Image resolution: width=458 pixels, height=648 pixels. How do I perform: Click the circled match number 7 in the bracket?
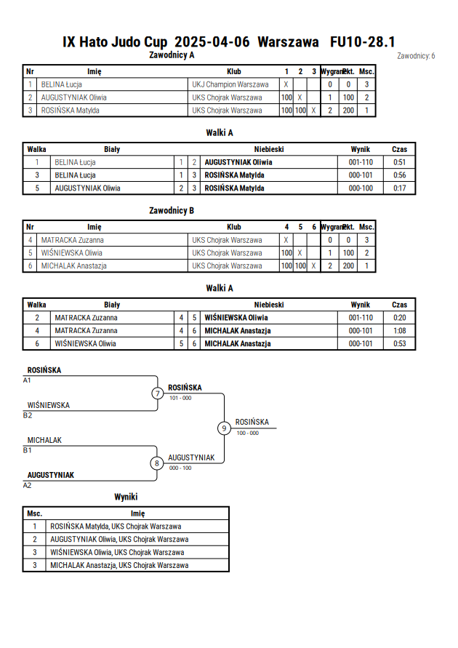[x=157, y=393]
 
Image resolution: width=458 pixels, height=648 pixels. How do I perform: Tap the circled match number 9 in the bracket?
[x=224, y=428]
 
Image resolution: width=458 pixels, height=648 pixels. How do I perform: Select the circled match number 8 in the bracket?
[x=156, y=463]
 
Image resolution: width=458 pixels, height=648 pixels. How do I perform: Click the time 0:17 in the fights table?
[x=399, y=188]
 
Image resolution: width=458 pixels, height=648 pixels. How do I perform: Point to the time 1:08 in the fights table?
[x=399, y=331]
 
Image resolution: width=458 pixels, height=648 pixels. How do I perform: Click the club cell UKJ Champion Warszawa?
[x=230, y=84]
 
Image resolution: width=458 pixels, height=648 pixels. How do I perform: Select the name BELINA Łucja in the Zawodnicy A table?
[x=62, y=84]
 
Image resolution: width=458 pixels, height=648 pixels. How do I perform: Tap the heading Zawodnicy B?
[x=172, y=211]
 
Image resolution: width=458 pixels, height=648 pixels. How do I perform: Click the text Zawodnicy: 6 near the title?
[x=416, y=56]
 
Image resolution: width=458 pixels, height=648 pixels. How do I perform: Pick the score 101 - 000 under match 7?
[x=180, y=398]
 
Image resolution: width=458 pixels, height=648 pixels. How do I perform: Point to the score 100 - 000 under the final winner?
[x=248, y=433]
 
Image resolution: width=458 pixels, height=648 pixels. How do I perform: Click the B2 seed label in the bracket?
[x=28, y=415]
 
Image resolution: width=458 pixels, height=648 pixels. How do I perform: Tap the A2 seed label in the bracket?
[x=27, y=485]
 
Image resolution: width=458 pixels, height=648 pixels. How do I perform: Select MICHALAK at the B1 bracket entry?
[x=44, y=440]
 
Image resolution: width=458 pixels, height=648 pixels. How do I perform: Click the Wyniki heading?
[x=126, y=497]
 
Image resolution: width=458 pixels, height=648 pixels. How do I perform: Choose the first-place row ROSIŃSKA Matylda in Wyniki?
[x=116, y=527]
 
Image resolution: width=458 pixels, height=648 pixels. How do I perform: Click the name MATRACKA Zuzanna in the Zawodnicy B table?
[x=72, y=240]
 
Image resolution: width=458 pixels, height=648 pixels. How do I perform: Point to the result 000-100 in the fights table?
[x=361, y=188]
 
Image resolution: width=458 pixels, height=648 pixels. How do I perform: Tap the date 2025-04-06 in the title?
[x=212, y=42]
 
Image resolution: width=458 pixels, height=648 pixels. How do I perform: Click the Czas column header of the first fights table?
[x=399, y=150]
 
